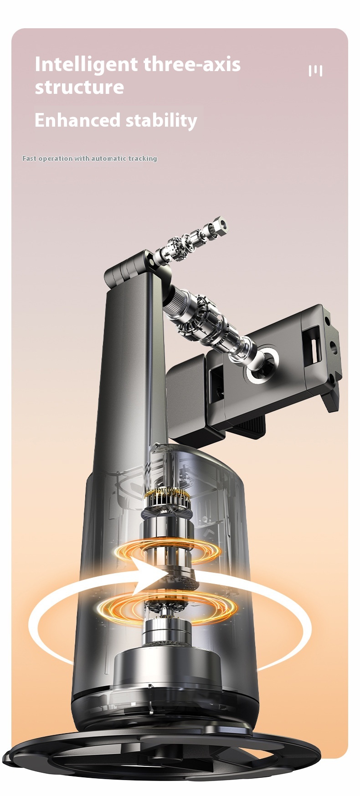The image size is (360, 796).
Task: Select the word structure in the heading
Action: [x=79, y=87]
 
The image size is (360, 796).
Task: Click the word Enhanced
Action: [x=77, y=120]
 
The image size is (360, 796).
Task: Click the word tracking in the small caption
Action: [x=142, y=159]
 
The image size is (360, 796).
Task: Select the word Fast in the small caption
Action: [x=29, y=159]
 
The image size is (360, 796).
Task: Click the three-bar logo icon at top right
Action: [x=315, y=71]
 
